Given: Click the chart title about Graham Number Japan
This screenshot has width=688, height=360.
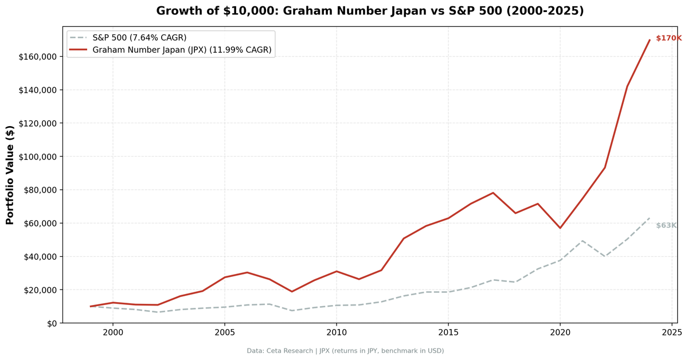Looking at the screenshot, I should pos(370,11).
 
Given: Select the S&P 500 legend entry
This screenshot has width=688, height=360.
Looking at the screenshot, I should pos(139,37).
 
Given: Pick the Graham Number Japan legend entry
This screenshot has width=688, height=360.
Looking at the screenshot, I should pos(182,50).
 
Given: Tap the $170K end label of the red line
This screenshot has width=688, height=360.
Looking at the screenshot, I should pos(669,38).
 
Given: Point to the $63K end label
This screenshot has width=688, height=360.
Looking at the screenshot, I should pos(666,225).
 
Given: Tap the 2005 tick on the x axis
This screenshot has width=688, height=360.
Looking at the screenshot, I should pos(225,332).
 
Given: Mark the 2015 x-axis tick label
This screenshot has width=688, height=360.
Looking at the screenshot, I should pos(448,332).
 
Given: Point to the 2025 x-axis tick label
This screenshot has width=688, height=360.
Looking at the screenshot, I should pos(672,332).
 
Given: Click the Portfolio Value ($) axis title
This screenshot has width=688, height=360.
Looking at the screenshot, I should pos(10,175).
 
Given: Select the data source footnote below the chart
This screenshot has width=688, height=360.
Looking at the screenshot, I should pos(345,351).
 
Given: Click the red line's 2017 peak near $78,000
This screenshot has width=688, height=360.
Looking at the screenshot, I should pos(493,193).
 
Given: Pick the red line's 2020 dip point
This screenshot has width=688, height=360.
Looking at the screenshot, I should pos(560,228).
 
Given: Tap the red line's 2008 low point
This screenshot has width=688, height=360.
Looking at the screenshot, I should pos(292,292).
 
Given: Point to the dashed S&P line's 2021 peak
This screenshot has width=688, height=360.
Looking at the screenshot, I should pos(583,241).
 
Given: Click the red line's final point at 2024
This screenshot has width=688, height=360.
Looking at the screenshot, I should pos(650,40).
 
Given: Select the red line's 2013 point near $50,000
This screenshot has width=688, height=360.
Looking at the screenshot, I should pos(404,238).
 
